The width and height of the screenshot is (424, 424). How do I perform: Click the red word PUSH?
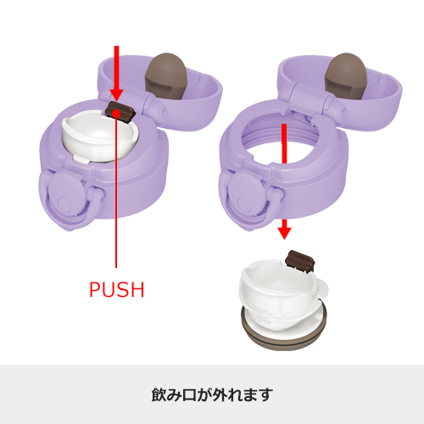pos(116,289)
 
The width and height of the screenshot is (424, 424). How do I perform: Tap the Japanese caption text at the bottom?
pos(212,395)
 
